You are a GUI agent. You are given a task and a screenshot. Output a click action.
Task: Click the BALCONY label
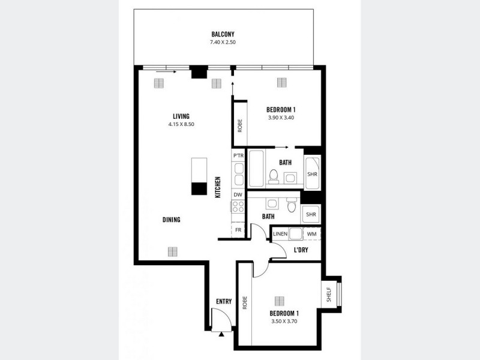click(x=223, y=34)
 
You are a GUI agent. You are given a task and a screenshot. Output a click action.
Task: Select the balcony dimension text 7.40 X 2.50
click(x=223, y=43)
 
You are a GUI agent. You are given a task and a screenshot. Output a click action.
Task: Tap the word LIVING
click(x=181, y=116)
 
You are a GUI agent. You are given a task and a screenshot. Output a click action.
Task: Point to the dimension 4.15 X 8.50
click(x=181, y=124)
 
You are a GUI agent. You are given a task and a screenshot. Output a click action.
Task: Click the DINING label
click(x=172, y=220)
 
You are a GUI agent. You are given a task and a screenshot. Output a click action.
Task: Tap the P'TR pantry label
click(x=238, y=155)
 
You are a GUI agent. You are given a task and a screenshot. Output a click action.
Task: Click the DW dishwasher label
click(x=238, y=194)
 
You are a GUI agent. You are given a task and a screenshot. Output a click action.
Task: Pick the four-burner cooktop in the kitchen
click(x=238, y=207)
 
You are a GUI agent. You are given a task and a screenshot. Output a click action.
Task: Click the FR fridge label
click(x=238, y=230)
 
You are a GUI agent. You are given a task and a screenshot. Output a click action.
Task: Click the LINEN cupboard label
click(x=280, y=234)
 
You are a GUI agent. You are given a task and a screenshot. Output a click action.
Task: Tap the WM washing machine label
click(x=312, y=234)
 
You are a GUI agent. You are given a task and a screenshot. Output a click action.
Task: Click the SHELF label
click(x=329, y=294)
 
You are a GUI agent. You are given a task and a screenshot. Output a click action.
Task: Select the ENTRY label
click(x=224, y=302)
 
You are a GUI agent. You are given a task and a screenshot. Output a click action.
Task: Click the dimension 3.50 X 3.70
click(x=284, y=321)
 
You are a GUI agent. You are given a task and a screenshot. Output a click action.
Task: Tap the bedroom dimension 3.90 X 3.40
click(x=281, y=118)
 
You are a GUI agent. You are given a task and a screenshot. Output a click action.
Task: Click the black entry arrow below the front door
click(x=221, y=334)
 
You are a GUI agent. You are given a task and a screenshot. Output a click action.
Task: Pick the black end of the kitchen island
click(x=199, y=188)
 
